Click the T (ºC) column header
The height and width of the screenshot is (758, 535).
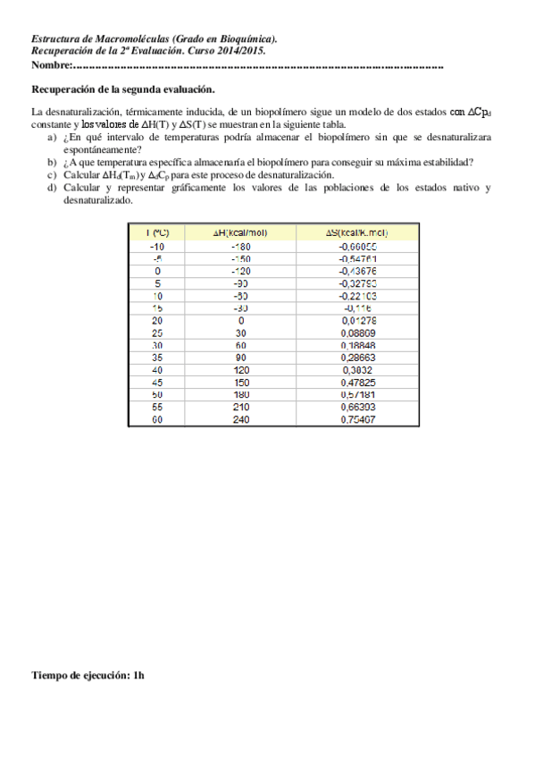(x=157, y=232)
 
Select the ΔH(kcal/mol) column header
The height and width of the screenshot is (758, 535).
(x=240, y=232)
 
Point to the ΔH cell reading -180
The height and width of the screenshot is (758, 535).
(x=240, y=246)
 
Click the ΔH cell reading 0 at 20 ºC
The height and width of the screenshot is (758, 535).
(x=240, y=320)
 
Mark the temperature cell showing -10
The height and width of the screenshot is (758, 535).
(x=157, y=246)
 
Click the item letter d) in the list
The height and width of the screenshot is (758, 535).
(x=51, y=188)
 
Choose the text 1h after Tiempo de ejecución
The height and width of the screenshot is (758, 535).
(x=138, y=676)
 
